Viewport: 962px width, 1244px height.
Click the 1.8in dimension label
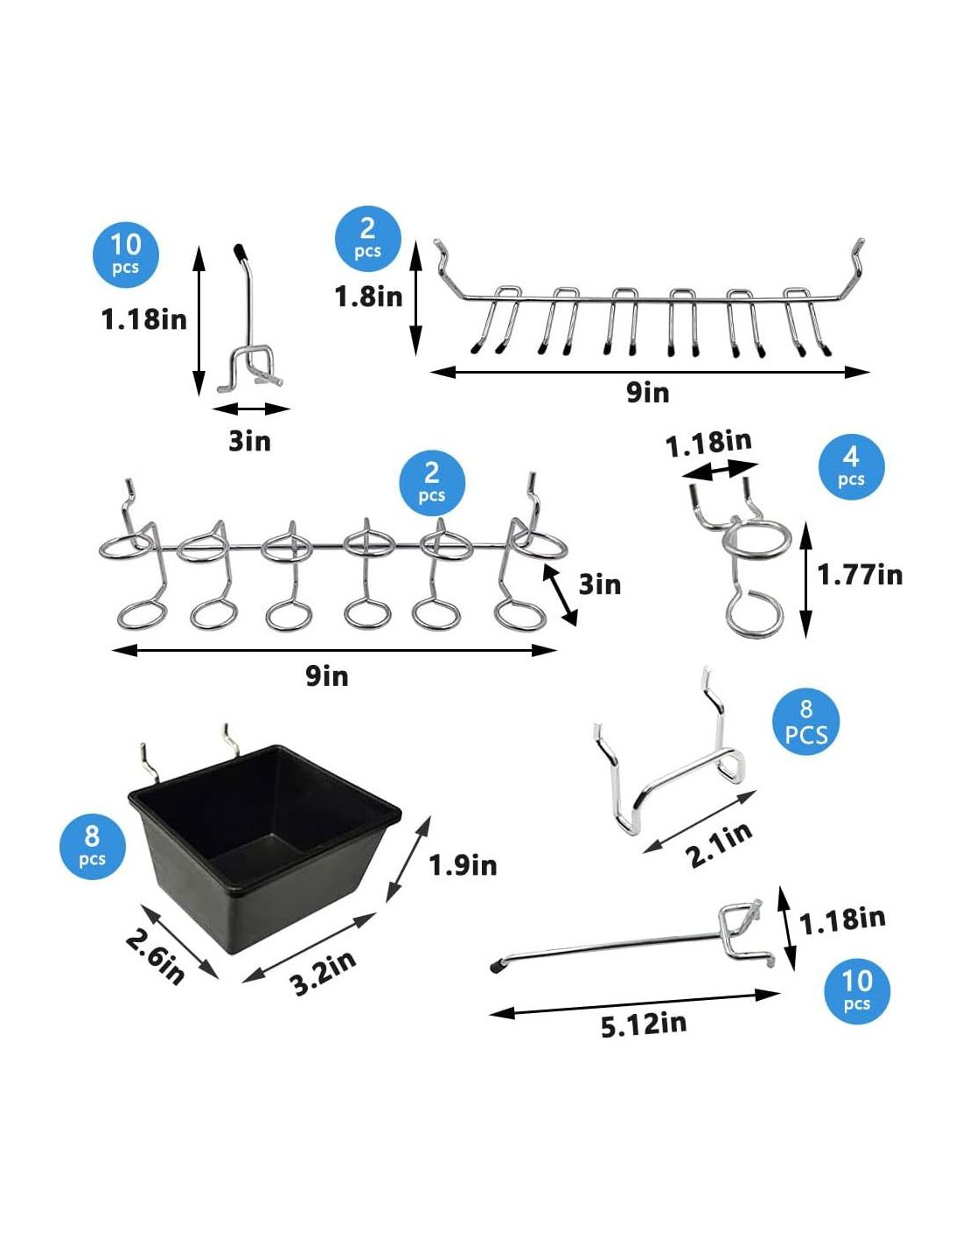click(x=368, y=297)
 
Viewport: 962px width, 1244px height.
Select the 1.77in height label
click(x=860, y=574)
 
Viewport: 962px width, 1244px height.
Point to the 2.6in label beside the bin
click(x=155, y=956)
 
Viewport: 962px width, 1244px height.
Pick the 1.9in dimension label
click(x=463, y=865)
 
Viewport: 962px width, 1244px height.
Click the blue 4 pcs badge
click(x=852, y=467)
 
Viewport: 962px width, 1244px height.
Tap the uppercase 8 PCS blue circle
click(x=805, y=722)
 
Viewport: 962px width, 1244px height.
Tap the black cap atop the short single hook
click(x=240, y=251)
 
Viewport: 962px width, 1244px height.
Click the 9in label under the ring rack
click(x=327, y=675)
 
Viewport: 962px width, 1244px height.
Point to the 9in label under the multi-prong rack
click(x=648, y=393)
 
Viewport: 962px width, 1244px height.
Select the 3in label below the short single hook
click(x=249, y=442)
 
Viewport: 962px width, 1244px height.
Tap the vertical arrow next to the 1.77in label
click(x=805, y=579)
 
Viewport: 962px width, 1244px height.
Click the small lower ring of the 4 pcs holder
click(x=754, y=615)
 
